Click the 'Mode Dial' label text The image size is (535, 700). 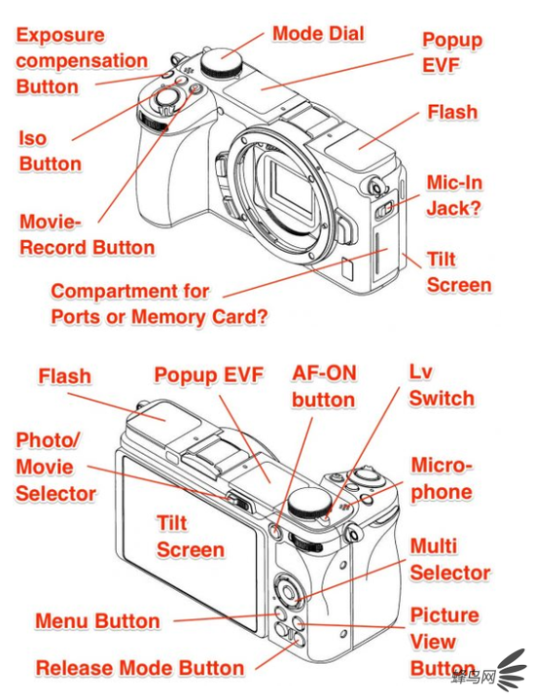318,34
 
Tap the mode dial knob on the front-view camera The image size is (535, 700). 222,61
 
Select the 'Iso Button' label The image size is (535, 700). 50,151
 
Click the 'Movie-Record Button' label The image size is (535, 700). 87,235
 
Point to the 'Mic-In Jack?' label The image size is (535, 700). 453,195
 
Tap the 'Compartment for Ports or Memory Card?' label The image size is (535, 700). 159,304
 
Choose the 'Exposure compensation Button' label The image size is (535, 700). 82,60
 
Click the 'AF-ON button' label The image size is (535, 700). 324,387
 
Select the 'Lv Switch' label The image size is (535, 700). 442,385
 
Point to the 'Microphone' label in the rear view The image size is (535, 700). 442,478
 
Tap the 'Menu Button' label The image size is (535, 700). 97,621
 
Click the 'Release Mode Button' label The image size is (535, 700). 140,668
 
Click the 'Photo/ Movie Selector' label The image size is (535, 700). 55,467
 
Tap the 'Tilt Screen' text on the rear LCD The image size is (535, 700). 190,536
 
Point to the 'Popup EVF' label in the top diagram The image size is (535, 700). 452,52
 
